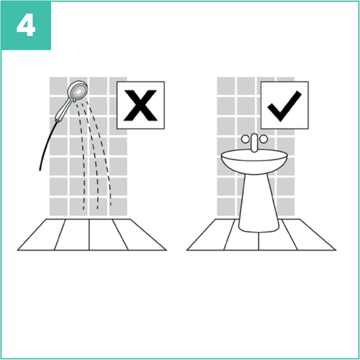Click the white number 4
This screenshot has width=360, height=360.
coord(26,25)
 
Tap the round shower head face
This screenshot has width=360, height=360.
coord(79,91)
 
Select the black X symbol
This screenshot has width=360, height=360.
coord(140,105)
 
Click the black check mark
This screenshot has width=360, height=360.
coord(284,106)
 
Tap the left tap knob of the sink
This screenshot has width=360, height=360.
coord(245,139)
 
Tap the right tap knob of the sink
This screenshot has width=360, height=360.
coord(263,139)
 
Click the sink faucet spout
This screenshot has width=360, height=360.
coord(254,143)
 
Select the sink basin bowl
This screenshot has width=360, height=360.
coord(254,162)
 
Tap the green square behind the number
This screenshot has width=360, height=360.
coord(26,25)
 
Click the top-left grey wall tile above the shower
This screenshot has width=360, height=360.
coord(59,86)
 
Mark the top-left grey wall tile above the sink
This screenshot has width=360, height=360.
coord(226,86)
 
